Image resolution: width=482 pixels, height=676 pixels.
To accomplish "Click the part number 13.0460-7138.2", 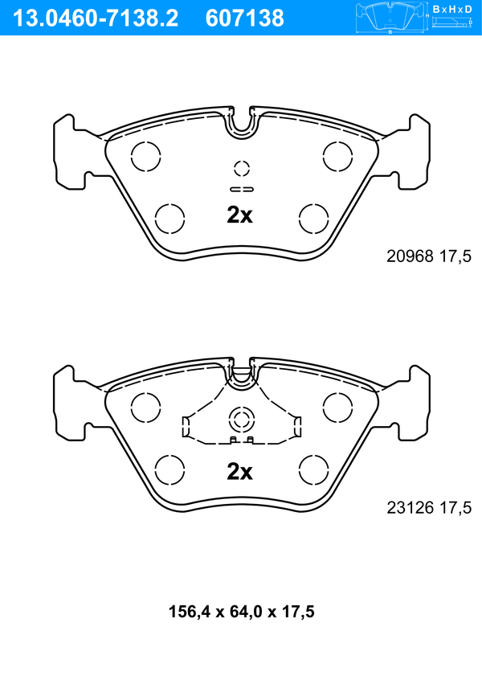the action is (96, 18).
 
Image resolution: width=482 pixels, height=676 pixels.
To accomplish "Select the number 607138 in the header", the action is (245, 18).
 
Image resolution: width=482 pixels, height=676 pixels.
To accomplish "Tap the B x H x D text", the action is (452, 9).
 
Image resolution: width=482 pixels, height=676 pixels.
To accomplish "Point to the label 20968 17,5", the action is (429, 256).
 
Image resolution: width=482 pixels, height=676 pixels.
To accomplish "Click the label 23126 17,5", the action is (429, 507).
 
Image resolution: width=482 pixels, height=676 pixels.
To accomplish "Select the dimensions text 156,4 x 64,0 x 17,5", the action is (241, 612).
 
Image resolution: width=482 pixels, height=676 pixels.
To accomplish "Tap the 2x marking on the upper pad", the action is (239, 215).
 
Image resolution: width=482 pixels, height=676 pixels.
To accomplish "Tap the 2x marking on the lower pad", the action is (239, 472).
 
